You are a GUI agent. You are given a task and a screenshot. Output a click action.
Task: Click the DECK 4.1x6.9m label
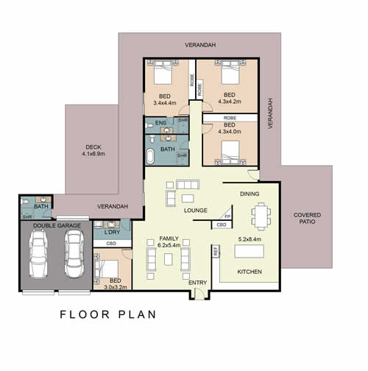tap(93, 150)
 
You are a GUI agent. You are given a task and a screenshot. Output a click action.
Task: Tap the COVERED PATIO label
tap(307, 218)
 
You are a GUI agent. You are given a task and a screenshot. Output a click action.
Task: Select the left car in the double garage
tap(38, 254)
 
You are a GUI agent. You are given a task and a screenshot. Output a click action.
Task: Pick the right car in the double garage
tap(74, 254)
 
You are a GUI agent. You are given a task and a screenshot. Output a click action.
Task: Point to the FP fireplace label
tap(227, 216)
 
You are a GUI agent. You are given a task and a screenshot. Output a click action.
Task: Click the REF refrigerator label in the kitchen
tap(216, 251)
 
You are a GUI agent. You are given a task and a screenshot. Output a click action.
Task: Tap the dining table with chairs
tap(261, 216)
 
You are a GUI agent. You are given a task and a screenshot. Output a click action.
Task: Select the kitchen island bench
tap(250, 251)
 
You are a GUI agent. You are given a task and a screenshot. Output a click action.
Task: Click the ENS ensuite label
tap(160, 123)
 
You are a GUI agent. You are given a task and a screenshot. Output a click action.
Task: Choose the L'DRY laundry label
tap(112, 232)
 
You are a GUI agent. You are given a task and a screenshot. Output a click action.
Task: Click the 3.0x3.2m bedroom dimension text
tap(116, 287)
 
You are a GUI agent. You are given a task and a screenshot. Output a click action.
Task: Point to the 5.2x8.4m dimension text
tap(250, 239)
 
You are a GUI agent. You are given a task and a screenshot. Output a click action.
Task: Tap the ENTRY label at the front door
tap(197, 283)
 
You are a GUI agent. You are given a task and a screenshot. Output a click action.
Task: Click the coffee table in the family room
tap(169, 259)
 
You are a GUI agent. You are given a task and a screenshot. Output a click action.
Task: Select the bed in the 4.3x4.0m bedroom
tap(230, 152)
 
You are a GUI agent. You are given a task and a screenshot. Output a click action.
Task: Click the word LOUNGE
tap(196, 211)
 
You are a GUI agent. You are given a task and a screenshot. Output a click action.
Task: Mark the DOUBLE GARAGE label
tap(57, 225)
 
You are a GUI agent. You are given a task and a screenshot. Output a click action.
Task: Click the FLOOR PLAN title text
tap(108, 314)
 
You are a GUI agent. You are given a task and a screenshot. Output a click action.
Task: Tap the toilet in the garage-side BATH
tap(25, 202)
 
